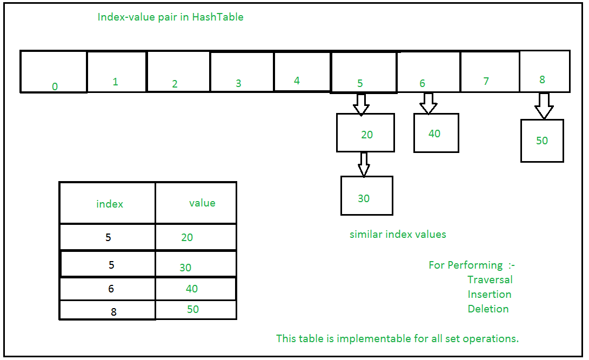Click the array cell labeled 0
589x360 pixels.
[x=53, y=72]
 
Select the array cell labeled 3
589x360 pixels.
[x=242, y=71]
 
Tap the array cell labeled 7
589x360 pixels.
[x=490, y=71]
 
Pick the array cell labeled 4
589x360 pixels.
[x=302, y=71]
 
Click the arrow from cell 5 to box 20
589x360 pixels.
[x=360, y=104]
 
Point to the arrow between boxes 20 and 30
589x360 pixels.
[x=364, y=164]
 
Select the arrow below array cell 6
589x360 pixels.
[x=428, y=103]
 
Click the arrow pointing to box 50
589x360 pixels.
[x=544, y=106]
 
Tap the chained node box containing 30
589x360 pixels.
[x=366, y=196]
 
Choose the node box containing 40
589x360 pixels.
[x=436, y=133]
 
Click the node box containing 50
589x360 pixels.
[x=542, y=141]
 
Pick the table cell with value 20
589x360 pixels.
[x=196, y=237]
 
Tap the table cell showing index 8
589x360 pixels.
[x=108, y=310]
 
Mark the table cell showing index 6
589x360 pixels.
[x=108, y=289]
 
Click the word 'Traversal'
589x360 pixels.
[x=490, y=279]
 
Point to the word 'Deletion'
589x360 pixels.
[x=488, y=309]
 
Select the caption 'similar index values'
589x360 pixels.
[x=398, y=235]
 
